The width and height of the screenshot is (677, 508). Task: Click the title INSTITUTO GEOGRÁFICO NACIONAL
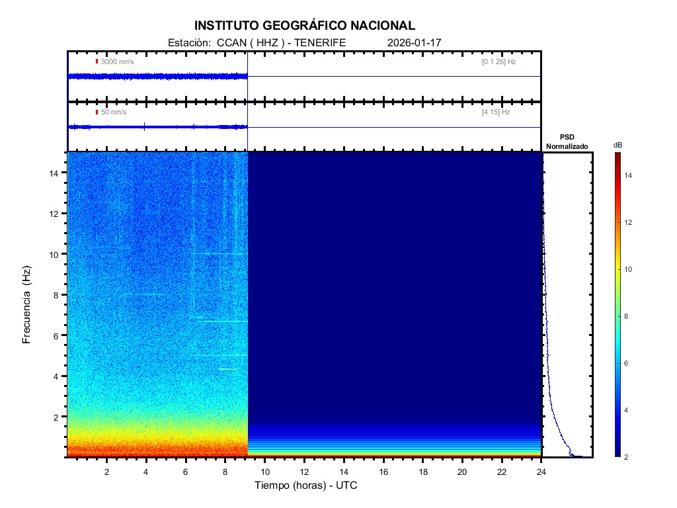(305, 26)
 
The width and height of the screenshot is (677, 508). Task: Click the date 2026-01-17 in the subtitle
(415, 42)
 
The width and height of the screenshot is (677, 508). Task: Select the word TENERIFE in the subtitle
(321, 42)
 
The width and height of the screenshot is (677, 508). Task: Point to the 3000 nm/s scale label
(118, 62)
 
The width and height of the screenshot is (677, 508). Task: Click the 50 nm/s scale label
(114, 112)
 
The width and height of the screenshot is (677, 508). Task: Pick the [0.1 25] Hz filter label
(498, 62)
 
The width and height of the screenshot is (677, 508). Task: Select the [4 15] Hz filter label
(496, 112)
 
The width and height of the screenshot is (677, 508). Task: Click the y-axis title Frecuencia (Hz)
(27, 305)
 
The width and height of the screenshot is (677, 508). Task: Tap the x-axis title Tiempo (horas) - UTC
(306, 486)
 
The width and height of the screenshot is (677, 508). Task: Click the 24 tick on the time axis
(541, 472)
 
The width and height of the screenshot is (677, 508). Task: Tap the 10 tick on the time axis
(265, 472)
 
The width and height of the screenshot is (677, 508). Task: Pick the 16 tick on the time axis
(383, 472)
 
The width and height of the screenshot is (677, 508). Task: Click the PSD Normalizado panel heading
(567, 142)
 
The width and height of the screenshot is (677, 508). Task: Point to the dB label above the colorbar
(617, 145)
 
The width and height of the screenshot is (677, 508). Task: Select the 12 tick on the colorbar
(630, 223)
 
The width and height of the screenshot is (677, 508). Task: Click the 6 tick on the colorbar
(628, 364)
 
